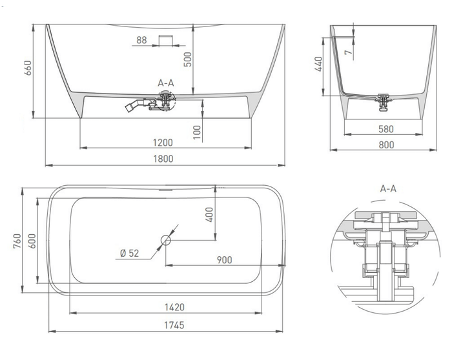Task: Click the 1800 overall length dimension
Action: [163, 159]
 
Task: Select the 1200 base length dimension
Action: [163, 143]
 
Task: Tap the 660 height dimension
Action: [28, 68]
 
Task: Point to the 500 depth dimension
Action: [188, 59]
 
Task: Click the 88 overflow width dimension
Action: [141, 40]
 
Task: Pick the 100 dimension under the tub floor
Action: [196, 132]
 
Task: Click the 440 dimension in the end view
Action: [318, 64]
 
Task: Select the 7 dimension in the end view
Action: [349, 52]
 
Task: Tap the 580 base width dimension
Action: [386, 129]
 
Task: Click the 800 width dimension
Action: [386, 145]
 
